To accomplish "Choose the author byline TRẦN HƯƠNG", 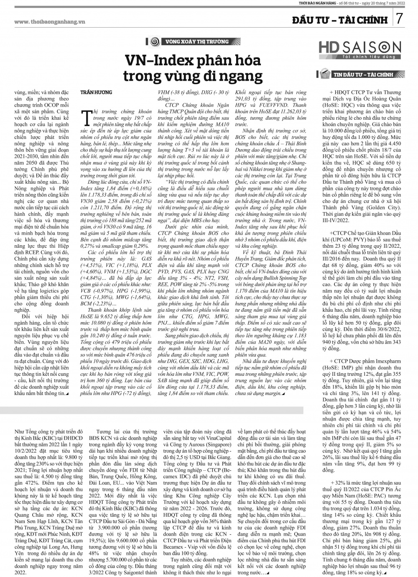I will coord(96,91).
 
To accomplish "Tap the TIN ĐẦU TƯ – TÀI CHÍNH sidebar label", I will coord(363,75).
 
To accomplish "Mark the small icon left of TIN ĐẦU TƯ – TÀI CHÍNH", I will coord(324,74).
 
